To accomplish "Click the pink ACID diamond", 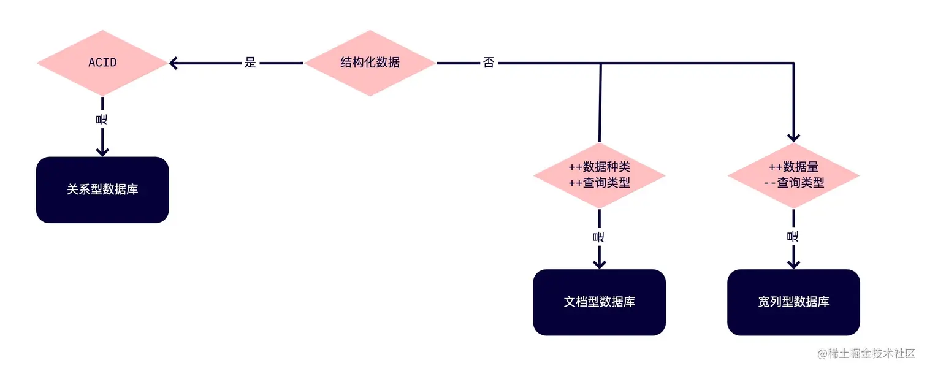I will click(x=102, y=63).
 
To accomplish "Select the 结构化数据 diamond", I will click(x=370, y=63).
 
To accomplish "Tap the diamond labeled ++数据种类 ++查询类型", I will click(x=599, y=175).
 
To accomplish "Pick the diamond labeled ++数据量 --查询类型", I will click(x=793, y=175).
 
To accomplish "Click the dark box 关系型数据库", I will click(x=102, y=190).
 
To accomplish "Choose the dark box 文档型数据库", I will click(x=599, y=302).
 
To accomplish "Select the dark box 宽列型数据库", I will click(x=793, y=302).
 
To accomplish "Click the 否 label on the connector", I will click(x=489, y=63).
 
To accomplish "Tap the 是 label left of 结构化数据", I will click(x=250, y=63).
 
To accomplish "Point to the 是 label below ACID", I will click(x=102, y=120).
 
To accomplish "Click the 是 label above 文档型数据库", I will click(x=599, y=236).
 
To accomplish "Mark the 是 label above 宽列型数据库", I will click(x=793, y=236).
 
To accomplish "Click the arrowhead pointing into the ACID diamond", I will click(x=174, y=63).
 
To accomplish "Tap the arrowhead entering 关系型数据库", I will click(x=102, y=150).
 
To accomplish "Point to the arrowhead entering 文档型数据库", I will click(x=599, y=263).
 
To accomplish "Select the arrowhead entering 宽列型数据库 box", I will click(x=793, y=263).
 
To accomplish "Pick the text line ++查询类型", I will click(x=599, y=183).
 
